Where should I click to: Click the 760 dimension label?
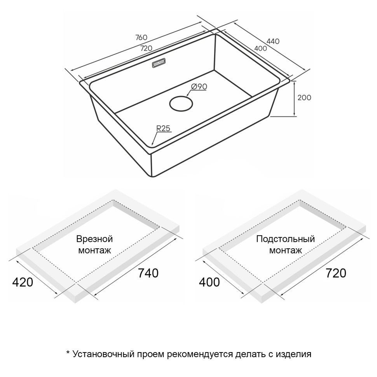tap(141, 38)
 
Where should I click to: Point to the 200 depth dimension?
tap(304, 98)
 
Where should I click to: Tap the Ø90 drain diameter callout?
tap(199, 87)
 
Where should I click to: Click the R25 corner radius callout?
tap(163, 129)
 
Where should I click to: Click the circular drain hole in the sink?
tap(181, 104)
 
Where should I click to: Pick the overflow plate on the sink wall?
tap(159, 63)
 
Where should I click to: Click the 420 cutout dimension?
tap(23, 282)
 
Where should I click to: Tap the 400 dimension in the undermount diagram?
tap(209, 282)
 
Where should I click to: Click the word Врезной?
tap(94, 239)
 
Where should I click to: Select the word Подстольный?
tap(285, 239)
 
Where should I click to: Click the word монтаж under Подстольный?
tap(285, 250)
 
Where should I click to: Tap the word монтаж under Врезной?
tap(94, 250)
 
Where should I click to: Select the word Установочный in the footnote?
tap(103, 354)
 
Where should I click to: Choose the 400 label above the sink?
tap(260, 48)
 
